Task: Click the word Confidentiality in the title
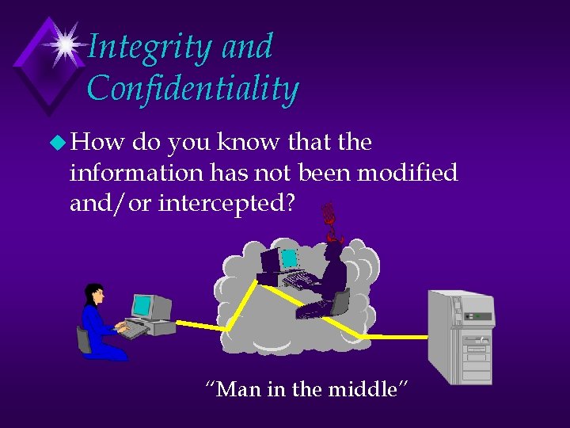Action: (x=192, y=89)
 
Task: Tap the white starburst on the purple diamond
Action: (x=64, y=43)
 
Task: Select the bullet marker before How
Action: (x=58, y=143)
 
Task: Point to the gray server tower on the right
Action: (x=461, y=337)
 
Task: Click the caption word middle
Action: (x=371, y=389)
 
